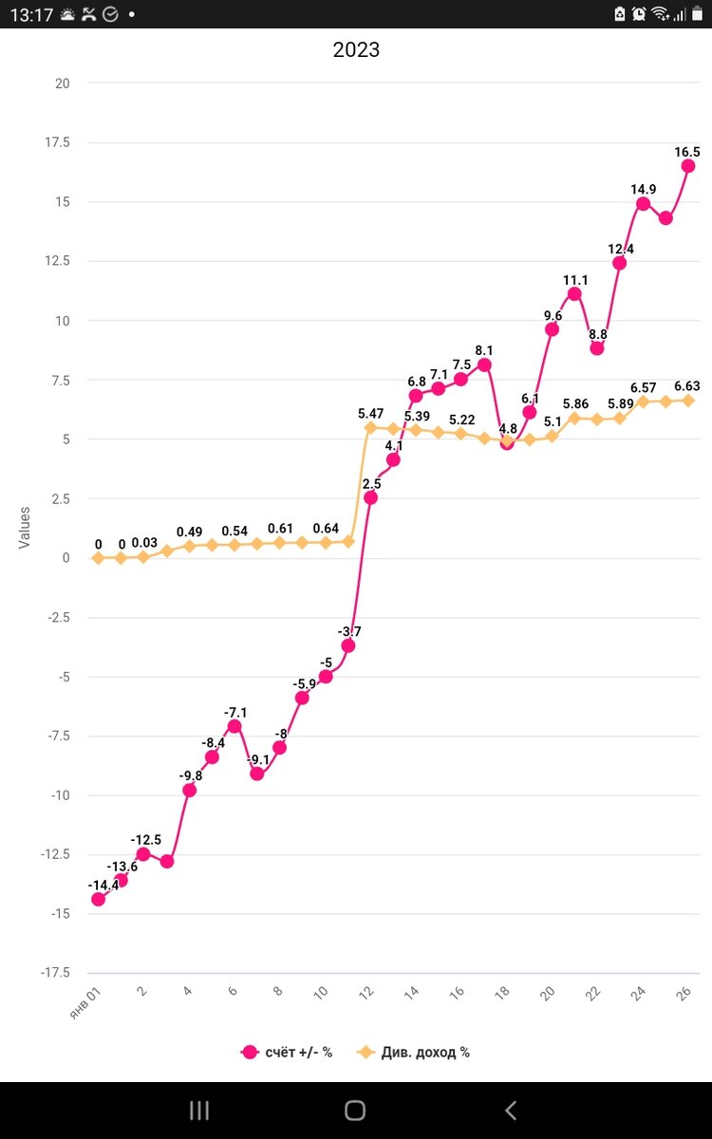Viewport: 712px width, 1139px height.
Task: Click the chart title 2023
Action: click(356, 50)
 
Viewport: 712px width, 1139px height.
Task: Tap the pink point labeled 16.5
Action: click(688, 166)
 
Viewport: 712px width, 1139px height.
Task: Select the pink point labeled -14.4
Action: click(98, 899)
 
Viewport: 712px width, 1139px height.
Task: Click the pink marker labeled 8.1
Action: click(484, 364)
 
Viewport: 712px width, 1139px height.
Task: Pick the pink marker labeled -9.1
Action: click(257, 774)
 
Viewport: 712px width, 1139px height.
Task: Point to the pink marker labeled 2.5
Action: click(370, 497)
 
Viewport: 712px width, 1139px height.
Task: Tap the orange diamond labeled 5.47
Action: click(370, 428)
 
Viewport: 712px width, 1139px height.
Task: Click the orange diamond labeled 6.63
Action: click(688, 401)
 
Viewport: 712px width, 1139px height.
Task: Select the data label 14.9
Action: click(644, 189)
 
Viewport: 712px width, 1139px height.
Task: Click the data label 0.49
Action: click(190, 532)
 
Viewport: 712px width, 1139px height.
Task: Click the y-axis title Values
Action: click(25, 527)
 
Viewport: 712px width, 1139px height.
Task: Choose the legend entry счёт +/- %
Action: click(288, 1052)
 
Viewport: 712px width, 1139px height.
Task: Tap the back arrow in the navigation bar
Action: click(511, 1110)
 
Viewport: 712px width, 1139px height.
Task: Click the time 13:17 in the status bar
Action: click(31, 14)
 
